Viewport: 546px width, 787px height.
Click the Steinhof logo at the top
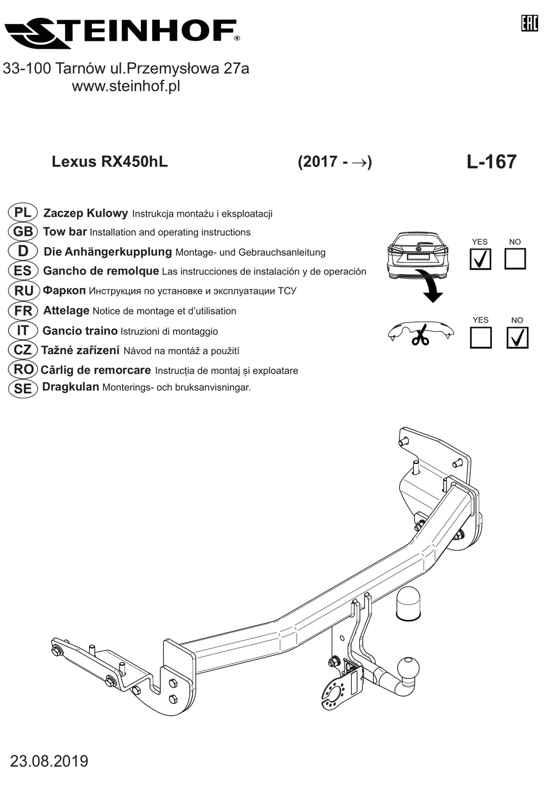122,34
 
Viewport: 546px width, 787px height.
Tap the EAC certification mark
529,24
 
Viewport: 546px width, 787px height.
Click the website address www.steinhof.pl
126,86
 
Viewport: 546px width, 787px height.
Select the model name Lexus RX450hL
110,162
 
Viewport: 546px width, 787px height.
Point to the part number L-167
491,162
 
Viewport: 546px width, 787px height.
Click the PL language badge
22,213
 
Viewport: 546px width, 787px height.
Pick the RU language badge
23,291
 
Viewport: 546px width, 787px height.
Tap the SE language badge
22,389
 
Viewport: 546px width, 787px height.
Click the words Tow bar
65,232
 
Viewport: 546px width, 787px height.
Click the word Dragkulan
71,387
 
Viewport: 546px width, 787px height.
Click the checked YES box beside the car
480,259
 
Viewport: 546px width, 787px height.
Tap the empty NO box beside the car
515,259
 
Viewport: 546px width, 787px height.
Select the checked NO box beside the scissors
517,337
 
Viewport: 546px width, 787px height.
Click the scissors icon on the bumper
421,335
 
